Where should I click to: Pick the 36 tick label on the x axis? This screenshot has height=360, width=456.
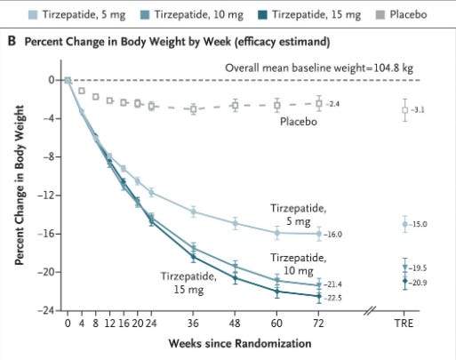pyautogui.click(x=193, y=324)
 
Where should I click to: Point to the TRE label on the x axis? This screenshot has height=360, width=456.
pyautogui.click(x=404, y=324)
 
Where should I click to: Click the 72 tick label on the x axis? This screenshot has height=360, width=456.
pyautogui.click(x=319, y=324)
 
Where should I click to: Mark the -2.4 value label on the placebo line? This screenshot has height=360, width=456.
pyautogui.click(x=332, y=104)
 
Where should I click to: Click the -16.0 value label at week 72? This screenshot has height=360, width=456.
pyautogui.click(x=333, y=235)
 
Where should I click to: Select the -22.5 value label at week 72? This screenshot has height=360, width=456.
pyautogui.click(x=333, y=298)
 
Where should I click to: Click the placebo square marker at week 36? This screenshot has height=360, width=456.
pyautogui.click(x=193, y=108)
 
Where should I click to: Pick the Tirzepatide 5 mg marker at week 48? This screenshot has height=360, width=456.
pyautogui.click(x=235, y=224)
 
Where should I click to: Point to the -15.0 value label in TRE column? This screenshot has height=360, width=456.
pyautogui.click(x=421, y=225)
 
